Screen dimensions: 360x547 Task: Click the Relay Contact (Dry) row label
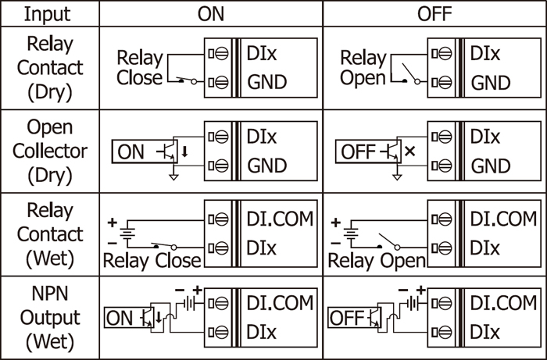(x=49, y=67)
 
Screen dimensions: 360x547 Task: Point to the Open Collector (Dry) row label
(x=49, y=151)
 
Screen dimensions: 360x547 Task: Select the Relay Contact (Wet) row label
(x=49, y=234)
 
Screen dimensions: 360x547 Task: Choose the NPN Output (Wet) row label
(x=49, y=318)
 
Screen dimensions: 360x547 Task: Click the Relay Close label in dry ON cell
(x=140, y=68)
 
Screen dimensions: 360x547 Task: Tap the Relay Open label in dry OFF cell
(x=363, y=68)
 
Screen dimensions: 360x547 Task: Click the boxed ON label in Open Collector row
(x=131, y=152)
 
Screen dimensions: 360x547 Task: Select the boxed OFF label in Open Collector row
(x=359, y=152)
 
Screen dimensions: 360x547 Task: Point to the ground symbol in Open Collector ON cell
(x=173, y=177)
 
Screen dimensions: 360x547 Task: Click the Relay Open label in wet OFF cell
(x=376, y=260)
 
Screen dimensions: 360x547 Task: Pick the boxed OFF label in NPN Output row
(x=347, y=318)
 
